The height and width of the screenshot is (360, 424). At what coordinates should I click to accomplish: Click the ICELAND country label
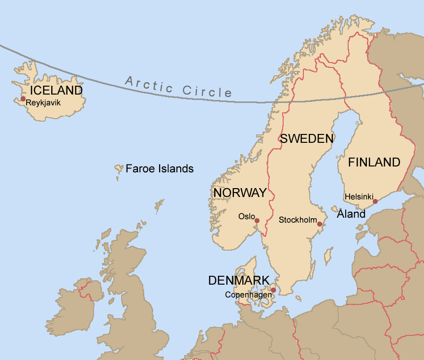56,91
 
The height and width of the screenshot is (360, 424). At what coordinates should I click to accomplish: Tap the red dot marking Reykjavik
23,99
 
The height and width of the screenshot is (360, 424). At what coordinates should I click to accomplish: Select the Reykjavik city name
43,102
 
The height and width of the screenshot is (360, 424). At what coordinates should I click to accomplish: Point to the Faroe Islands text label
160,169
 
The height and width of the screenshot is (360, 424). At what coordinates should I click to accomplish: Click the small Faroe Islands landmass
119,169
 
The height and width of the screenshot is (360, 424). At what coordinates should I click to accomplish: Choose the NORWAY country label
240,193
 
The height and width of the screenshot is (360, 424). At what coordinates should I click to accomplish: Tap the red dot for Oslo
257,221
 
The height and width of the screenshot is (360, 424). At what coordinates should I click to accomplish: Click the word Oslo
246,216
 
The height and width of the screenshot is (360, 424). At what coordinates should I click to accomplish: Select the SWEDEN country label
307,139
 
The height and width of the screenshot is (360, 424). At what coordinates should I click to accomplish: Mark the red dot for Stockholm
319,224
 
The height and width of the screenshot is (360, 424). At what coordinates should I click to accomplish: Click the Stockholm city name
297,220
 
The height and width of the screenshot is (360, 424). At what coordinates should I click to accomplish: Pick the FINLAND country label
374,163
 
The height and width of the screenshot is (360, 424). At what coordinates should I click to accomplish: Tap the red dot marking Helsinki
375,201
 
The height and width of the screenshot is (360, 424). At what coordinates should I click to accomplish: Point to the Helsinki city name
359,196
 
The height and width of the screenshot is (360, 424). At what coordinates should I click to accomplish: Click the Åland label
351,214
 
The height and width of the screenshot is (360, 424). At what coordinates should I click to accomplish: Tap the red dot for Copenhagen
273,290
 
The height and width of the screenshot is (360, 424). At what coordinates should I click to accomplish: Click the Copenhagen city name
248,295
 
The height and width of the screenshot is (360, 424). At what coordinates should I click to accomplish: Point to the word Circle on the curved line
207,91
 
